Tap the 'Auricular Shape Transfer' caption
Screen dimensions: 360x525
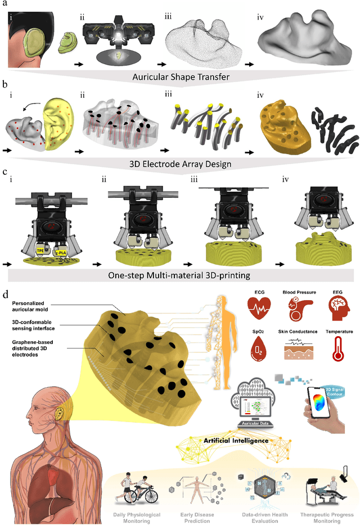coord(180,76)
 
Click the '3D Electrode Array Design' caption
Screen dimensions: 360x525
coord(180,165)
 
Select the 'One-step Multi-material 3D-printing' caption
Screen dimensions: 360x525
coord(180,275)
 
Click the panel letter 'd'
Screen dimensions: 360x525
coord(6,294)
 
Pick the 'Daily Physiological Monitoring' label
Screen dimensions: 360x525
coord(138,517)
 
